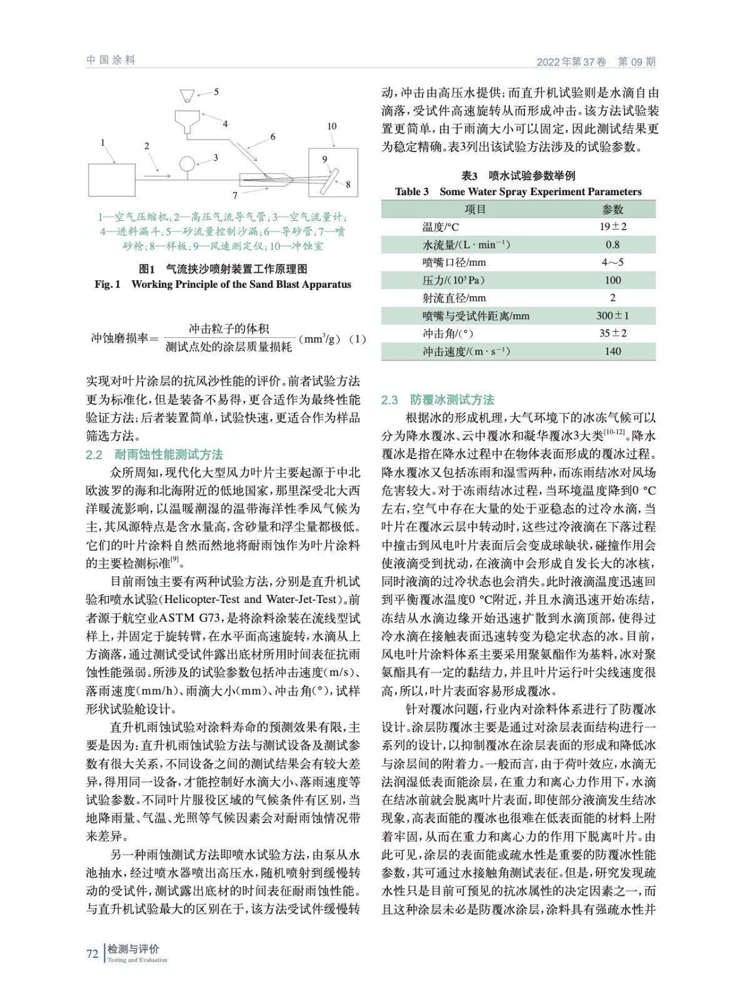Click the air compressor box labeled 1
(x=112, y=180)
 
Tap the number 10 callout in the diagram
(x=331, y=126)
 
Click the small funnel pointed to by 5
(x=186, y=96)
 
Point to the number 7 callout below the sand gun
(x=235, y=195)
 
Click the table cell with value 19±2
(x=613, y=226)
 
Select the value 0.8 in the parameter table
(x=613, y=245)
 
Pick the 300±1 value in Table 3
(x=613, y=316)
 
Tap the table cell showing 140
(x=613, y=352)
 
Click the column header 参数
(x=613, y=209)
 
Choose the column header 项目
(x=475, y=209)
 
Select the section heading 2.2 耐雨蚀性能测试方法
(x=154, y=455)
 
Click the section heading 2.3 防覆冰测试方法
(x=438, y=400)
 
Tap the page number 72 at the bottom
(x=93, y=953)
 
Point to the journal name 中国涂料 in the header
(x=111, y=60)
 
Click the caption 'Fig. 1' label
(x=108, y=285)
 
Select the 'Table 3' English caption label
(x=411, y=192)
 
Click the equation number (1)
(x=357, y=339)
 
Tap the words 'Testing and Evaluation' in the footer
(x=137, y=960)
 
